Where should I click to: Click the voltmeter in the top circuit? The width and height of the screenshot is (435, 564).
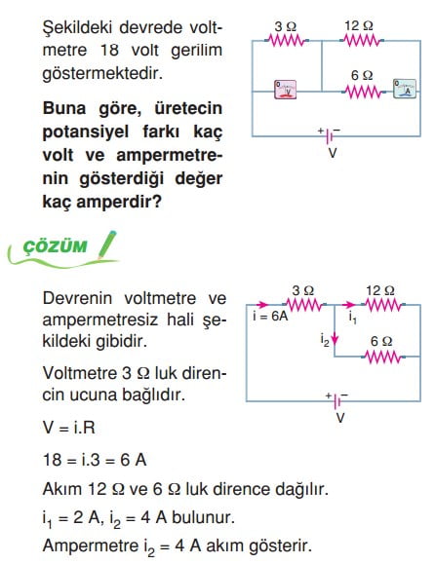(x=285, y=90)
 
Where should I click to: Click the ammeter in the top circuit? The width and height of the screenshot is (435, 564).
(x=405, y=89)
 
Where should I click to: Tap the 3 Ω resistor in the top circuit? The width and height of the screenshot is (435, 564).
(x=287, y=40)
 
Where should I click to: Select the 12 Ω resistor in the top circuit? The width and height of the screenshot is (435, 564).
(x=362, y=40)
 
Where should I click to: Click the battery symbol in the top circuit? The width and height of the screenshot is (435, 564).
(x=329, y=135)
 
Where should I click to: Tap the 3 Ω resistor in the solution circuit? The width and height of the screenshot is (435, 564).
(x=304, y=305)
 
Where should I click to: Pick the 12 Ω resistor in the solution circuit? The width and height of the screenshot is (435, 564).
(x=384, y=305)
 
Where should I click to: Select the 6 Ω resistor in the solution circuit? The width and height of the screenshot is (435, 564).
(x=382, y=357)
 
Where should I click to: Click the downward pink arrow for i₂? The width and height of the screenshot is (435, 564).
(x=335, y=338)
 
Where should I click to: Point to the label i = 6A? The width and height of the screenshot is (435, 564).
(x=270, y=316)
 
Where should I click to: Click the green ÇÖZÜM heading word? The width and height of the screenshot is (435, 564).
(x=55, y=246)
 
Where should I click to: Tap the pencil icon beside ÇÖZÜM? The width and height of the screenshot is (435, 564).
(x=107, y=244)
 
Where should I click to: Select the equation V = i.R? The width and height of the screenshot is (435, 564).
(x=69, y=428)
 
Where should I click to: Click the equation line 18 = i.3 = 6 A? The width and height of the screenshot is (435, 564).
(x=95, y=460)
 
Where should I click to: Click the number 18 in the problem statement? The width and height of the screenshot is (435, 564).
(x=109, y=51)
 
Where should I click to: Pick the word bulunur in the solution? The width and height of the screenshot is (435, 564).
(x=203, y=517)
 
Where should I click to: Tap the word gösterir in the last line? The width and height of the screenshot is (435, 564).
(x=281, y=545)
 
